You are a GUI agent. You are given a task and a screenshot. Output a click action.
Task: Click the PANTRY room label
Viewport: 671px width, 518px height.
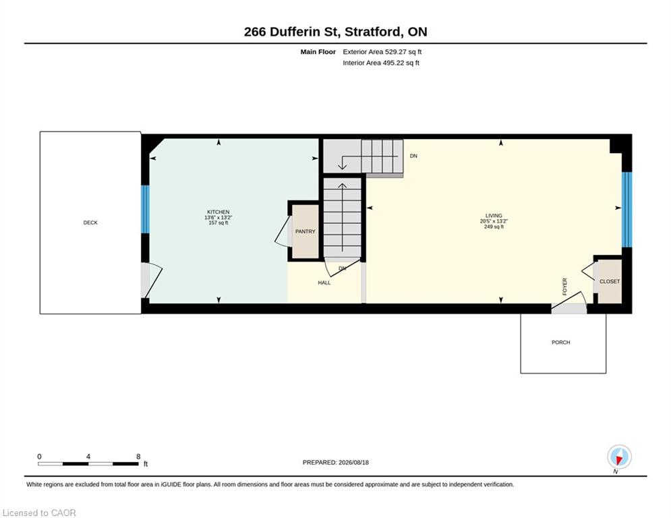tap(305, 231)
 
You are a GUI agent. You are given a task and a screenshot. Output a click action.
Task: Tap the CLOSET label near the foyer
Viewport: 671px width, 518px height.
tap(610, 282)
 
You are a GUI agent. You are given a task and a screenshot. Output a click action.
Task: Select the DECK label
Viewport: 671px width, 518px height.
tap(90, 223)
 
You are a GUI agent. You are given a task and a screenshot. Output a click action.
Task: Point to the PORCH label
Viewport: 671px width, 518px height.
tap(560, 343)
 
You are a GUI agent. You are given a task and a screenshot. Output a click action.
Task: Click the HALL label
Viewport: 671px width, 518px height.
tap(324, 283)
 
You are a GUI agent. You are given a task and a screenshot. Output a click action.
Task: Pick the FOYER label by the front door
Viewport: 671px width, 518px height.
tap(564, 287)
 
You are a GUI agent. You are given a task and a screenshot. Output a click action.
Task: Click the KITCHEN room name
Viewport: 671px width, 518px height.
tap(218, 212)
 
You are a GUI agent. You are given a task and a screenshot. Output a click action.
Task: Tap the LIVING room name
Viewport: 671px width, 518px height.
tap(494, 216)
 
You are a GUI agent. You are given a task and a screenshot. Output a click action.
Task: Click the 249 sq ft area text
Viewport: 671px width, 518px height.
tap(494, 227)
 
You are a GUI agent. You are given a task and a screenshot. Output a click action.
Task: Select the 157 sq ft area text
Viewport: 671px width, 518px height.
tap(218, 223)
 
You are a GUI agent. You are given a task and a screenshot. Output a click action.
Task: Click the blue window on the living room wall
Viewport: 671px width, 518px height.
tap(626, 210)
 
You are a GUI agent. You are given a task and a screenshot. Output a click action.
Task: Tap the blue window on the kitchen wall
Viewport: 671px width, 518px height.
tap(146, 209)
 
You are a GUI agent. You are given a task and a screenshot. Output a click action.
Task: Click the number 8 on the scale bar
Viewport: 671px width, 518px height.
tap(138, 457)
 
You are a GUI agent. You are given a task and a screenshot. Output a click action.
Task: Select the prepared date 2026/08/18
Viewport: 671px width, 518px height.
tap(353, 462)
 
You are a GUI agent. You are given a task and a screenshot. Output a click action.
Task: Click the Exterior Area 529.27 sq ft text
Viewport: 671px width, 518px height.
tap(382, 52)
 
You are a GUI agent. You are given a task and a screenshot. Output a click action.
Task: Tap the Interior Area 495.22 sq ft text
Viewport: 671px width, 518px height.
tap(381, 63)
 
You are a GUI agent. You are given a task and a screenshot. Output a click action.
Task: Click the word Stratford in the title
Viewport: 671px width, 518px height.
tap(373, 32)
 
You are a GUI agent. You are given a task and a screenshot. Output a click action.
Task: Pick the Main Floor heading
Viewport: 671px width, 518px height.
tap(318, 52)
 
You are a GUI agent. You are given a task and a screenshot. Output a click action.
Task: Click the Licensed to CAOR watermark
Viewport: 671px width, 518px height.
tap(39, 513)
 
